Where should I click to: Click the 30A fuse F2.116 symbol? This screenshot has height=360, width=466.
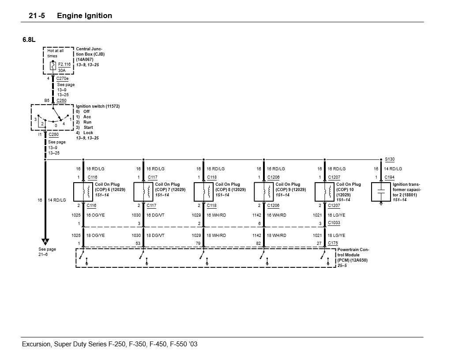[x=53, y=67]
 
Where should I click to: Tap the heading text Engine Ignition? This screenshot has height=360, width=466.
[x=85, y=16]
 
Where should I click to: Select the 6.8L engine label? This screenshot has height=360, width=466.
[x=29, y=40]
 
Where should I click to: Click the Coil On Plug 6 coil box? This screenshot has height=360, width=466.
[x=83, y=191]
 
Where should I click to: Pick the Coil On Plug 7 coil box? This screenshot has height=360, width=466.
[x=143, y=191]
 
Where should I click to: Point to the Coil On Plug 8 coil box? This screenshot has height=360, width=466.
[x=203, y=191]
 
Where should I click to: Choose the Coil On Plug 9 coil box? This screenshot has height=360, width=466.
[x=263, y=191]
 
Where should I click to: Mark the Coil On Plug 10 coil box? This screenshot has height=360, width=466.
[x=324, y=191]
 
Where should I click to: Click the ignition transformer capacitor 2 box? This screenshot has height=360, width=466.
[x=381, y=191]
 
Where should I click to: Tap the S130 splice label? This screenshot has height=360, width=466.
[x=390, y=159]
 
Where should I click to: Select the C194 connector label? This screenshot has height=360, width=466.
[x=389, y=177]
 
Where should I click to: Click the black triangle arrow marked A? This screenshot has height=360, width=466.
[x=45, y=241]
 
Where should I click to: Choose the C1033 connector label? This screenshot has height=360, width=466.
[x=334, y=223]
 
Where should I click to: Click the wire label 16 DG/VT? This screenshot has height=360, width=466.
[x=155, y=215]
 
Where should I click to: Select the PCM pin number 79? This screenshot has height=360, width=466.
[x=199, y=243]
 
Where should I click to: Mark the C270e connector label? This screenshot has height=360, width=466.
[x=62, y=79]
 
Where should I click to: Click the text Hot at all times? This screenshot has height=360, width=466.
[x=56, y=53]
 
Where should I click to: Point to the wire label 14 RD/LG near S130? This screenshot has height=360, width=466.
[x=393, y=169]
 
